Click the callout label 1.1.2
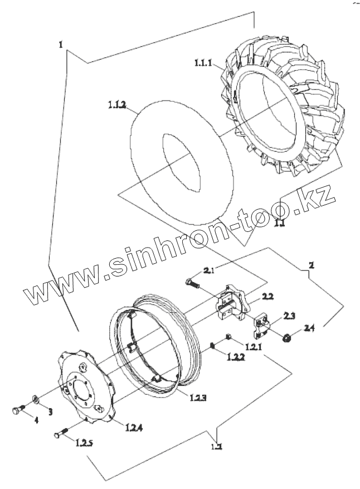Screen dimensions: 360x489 click(117, 104)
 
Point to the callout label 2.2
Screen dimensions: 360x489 click(267, 297)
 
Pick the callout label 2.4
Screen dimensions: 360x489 click(309, 328)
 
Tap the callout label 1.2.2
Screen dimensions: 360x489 click(235, 359)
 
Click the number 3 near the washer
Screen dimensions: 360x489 click(50, 411)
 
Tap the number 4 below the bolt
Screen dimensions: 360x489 click(37, 420)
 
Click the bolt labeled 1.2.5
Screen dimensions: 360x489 click(61, 433)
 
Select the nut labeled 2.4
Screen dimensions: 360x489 click(285, 337)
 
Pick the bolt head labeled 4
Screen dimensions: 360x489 click(16, 410)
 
